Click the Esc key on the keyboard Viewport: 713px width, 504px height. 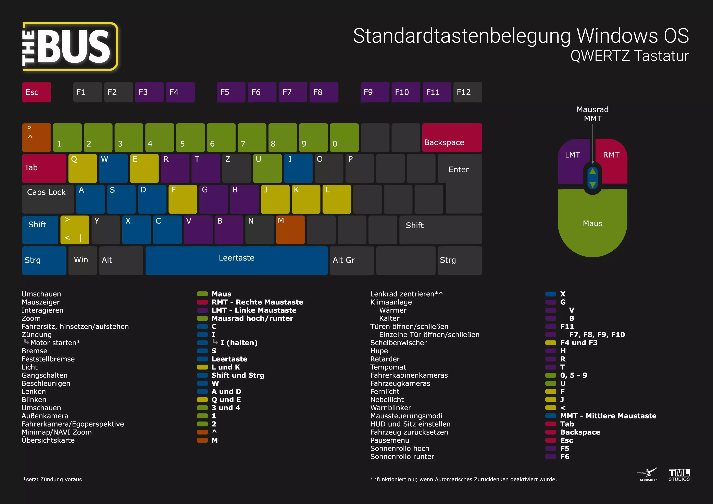tap(36, 92)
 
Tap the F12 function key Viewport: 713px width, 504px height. tap(467, 92)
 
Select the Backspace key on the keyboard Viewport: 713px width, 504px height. tap(452, 138)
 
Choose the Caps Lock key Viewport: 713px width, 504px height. tap(48, 199)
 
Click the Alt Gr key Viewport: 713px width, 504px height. tap(352, 260)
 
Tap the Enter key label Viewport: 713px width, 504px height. tap(459, 169)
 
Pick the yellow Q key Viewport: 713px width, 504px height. tap(83, 168)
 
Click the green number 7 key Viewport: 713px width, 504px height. tap(252, 138)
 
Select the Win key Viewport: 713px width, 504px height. tap(82, 260)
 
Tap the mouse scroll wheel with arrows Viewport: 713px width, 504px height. tap(592, 178)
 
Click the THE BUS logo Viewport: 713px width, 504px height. tap(70, 47)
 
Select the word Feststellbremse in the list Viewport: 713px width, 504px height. tap(48, 359)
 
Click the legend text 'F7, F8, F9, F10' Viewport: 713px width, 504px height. tap(597, 335)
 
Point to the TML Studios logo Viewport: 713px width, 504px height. tap(679, 475)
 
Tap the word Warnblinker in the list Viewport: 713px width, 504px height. tap(390, 408)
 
